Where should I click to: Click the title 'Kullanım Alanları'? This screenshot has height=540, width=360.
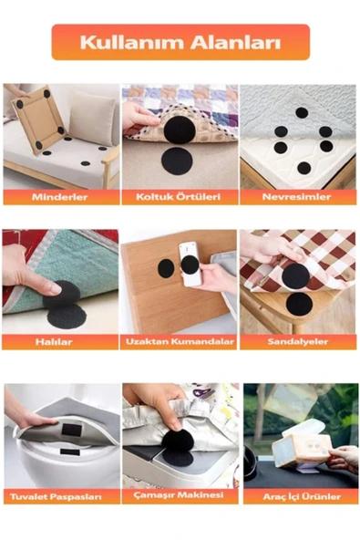tap(180, 42)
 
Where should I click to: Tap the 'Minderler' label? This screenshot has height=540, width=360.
tap(61, 197)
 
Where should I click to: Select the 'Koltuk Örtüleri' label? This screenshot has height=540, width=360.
tap(180, 197)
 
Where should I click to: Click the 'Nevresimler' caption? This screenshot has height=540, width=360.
tap(297, 197)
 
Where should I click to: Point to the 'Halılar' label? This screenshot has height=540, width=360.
tap(61, 342)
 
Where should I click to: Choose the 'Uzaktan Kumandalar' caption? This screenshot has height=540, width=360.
tap(180, 342)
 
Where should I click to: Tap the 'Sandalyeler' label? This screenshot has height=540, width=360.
tap(297, 342)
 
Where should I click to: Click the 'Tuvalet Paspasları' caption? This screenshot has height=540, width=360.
tap(61, 496)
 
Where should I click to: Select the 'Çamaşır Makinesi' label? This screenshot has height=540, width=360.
tap(180, 496)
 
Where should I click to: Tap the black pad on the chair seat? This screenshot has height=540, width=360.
tap(298, 303)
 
